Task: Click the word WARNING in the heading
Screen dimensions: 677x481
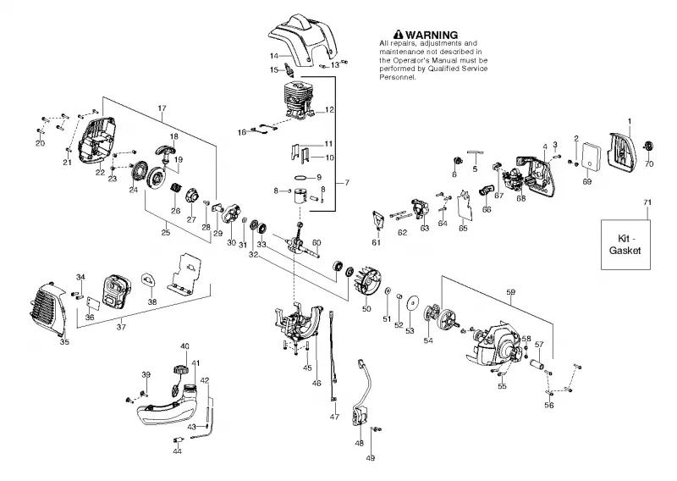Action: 432,35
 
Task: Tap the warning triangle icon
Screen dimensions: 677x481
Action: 398,35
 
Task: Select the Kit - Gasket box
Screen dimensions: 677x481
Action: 625,245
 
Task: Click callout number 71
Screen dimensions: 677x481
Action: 647,202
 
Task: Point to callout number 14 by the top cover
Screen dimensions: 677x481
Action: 274,56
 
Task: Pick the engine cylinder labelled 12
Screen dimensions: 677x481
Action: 299,102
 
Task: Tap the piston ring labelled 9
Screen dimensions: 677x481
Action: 301,177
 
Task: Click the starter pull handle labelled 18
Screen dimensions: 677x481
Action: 165,152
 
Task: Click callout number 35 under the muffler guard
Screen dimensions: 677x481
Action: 64,342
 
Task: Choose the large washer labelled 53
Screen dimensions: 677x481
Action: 415,302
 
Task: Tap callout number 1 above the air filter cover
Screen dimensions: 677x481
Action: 630,121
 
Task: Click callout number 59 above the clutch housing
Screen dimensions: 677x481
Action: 511,292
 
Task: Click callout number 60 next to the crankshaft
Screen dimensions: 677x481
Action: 316,242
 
